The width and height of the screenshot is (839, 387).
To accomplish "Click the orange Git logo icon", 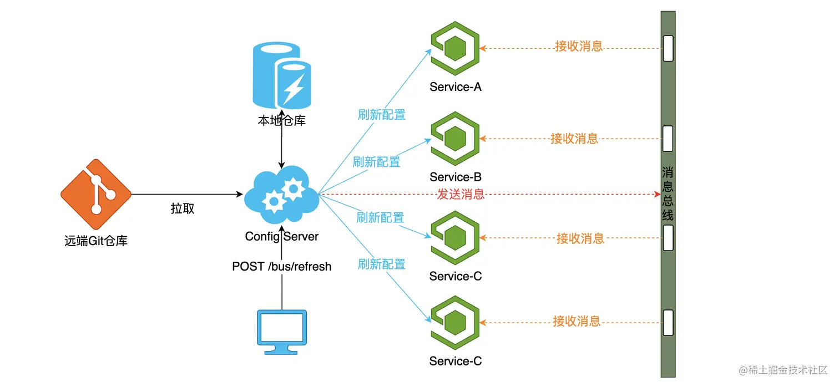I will [96, 194].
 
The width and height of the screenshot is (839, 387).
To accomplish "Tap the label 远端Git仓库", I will [96, 241].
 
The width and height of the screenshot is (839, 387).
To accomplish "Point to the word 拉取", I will [183, 209].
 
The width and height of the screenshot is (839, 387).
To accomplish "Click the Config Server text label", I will [282, 237].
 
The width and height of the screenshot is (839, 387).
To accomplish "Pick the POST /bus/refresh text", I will [282, 267].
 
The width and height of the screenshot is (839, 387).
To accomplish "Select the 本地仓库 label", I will [282, 120].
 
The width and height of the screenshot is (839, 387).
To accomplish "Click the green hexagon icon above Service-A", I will [455, 48].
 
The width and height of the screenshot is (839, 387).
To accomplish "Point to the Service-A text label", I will [455, 87].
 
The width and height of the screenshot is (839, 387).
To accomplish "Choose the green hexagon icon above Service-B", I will [455, 138].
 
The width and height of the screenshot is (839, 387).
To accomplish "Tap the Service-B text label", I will [455, 177].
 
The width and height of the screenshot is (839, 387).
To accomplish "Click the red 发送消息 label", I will [461, 195].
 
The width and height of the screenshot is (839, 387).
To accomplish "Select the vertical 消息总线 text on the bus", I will [668, 193].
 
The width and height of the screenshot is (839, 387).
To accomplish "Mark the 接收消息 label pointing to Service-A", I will [579, 46].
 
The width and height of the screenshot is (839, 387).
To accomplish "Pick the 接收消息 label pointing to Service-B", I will [574, 138].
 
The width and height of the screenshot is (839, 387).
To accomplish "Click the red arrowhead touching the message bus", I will [656, 195].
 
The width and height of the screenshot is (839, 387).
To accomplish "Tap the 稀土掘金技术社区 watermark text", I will [782, 370].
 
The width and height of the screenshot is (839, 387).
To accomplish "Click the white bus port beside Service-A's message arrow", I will [668, 48].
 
